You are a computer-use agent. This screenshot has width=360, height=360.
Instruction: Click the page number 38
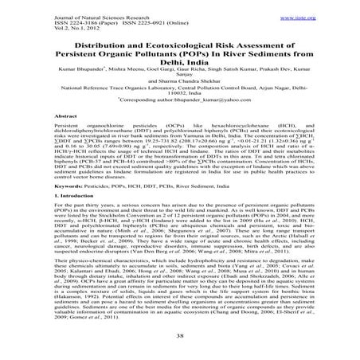click(180, 337)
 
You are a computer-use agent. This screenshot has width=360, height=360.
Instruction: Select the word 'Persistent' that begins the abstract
click(65, 147)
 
